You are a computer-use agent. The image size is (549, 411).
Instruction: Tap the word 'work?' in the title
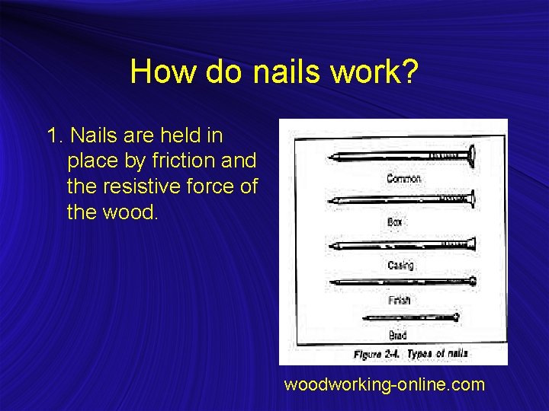click(374, 72)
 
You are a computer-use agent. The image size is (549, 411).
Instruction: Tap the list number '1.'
click(56, 136)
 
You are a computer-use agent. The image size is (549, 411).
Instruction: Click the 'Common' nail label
click(403, 179)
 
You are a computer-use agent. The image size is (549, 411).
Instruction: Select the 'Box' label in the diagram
click(395, 222)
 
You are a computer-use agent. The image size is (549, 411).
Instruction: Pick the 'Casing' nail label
click(400, 266)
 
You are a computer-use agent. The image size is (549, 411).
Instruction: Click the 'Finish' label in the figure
click(399, 301)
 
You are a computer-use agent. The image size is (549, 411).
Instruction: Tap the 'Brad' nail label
click(397, 335)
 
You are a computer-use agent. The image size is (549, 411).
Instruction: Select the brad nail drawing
click(411, 317)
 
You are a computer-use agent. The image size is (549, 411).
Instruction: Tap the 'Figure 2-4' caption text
click(377, 355)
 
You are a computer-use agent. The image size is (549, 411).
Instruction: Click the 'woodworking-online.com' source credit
click(384, 385)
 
